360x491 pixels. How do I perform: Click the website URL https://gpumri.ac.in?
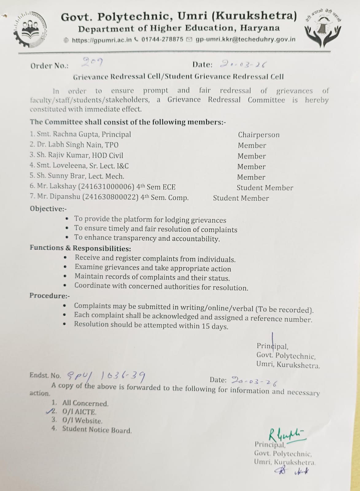(x=102, y=40)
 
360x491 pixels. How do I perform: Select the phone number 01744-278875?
(x=162, y=40)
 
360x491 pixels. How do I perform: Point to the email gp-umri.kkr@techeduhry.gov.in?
(x=245, y=40)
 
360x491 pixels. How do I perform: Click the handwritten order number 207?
(x=92, y=63)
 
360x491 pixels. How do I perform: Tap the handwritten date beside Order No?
(x=243, y=64)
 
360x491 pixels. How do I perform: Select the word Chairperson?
(x=259, y=135)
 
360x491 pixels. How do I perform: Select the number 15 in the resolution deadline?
(x=205, y=326)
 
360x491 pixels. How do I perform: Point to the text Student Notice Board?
(x=97, y=430)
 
